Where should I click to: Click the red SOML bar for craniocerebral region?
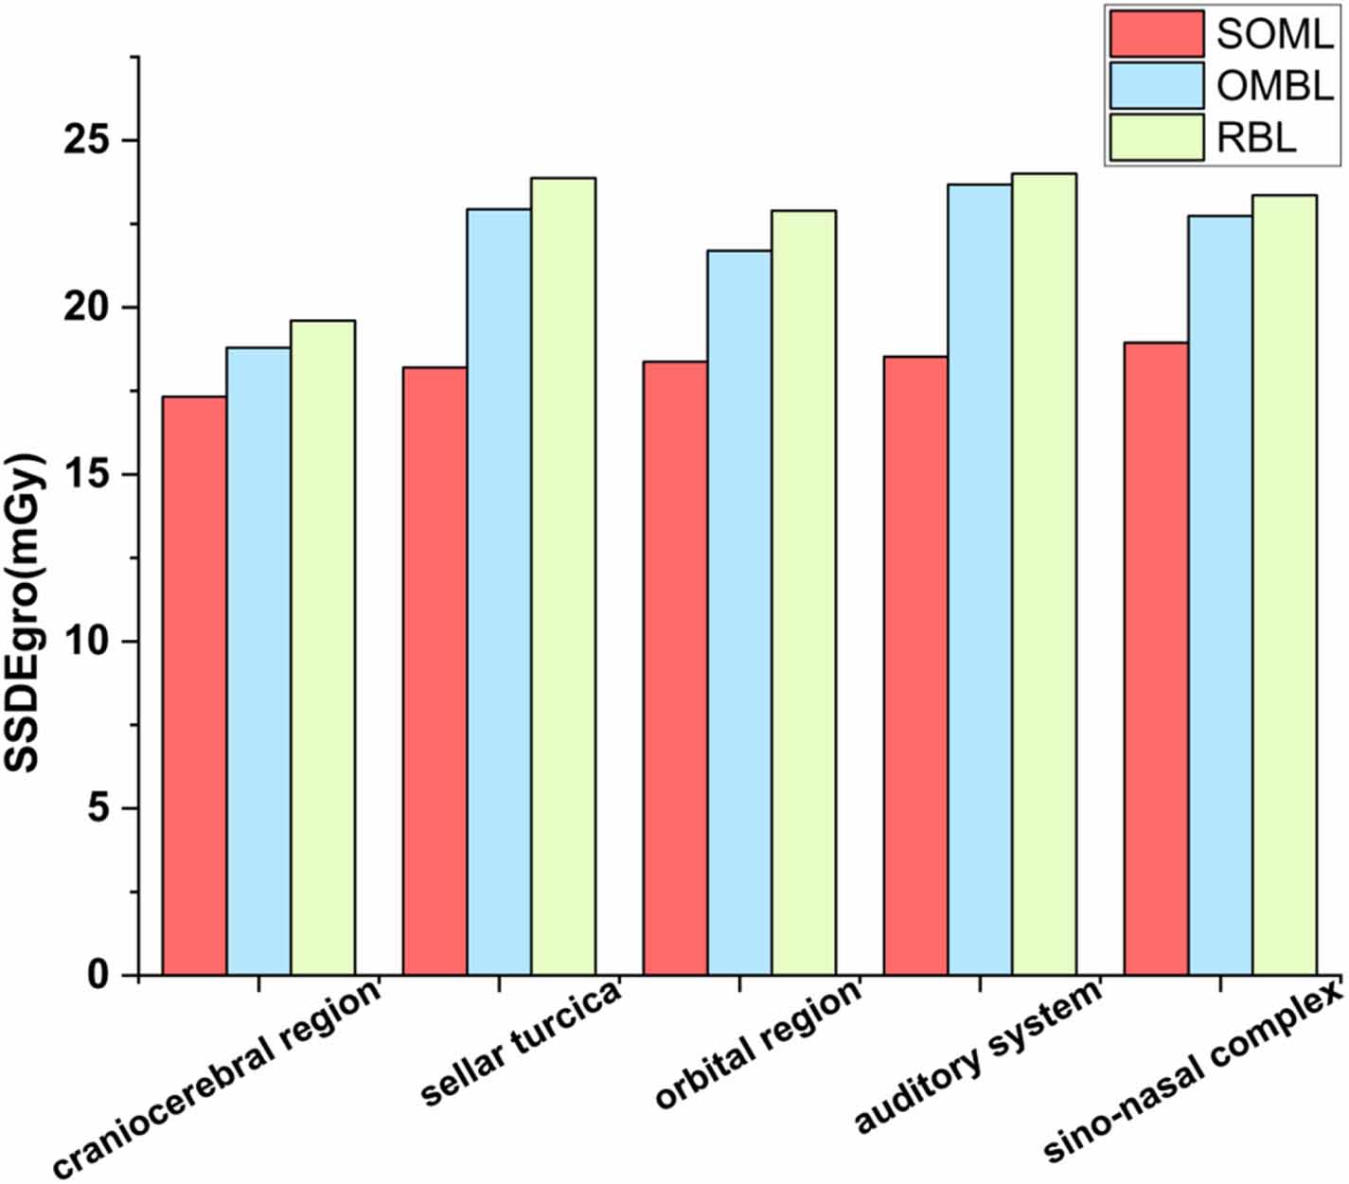pyautogui.click(x=195, y=686)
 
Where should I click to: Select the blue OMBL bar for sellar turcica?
pyautogui.click(x=499, y=592)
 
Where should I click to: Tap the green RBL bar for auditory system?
pyautogui.click(x=1044, y=574)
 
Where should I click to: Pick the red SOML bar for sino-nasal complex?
pyautogui.click(x=1156, y=659)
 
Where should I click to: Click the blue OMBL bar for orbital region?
pyautogui.click(x=739, y=613)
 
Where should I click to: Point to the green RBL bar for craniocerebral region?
pyautogui.click(x=323, y=648)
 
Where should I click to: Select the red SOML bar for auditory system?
pyautogui.click(x=915, y=666)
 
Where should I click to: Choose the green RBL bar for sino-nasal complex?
pyautogui.click(x=1285, y=585)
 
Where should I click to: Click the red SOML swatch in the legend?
pyautogui.click(x=1156, y=34)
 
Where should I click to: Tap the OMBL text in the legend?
pyautogui.click(x=1274, y=86)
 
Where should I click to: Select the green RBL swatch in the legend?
pyautogui.click(x=1156, y=138)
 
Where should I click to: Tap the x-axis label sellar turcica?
pyautogui.click(x=520, y=1045)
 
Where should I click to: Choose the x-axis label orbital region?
pyautogui.click(x=757, y=1045)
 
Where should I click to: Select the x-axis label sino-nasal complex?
pyautogui.click(x=1193, y=1073)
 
